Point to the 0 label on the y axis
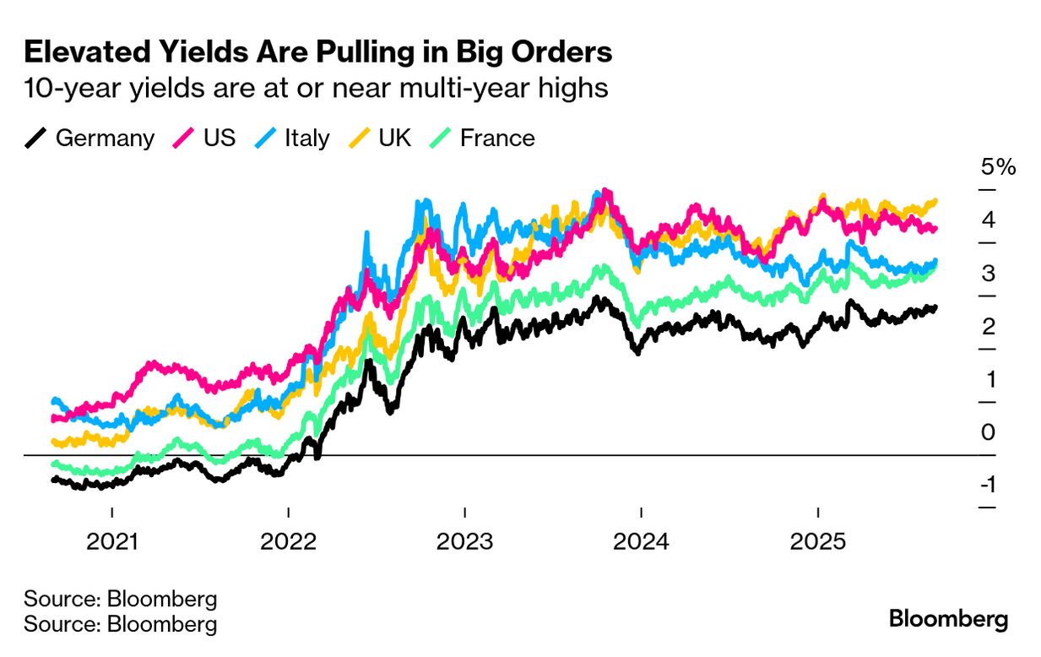(x=989, y=432)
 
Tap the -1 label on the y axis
(x=989, y=485)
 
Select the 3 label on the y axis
(x=989, y=273)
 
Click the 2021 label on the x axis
(x=112, y=541)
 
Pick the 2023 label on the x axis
(x=464, y=541)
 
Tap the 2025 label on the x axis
(x=817, y=541)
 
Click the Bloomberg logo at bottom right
(x=948, y=619)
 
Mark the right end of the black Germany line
(x=935, y=307)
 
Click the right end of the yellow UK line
(x=935, y=201)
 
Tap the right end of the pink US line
(x=935, y=229)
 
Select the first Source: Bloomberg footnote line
(x=121, y=600)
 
